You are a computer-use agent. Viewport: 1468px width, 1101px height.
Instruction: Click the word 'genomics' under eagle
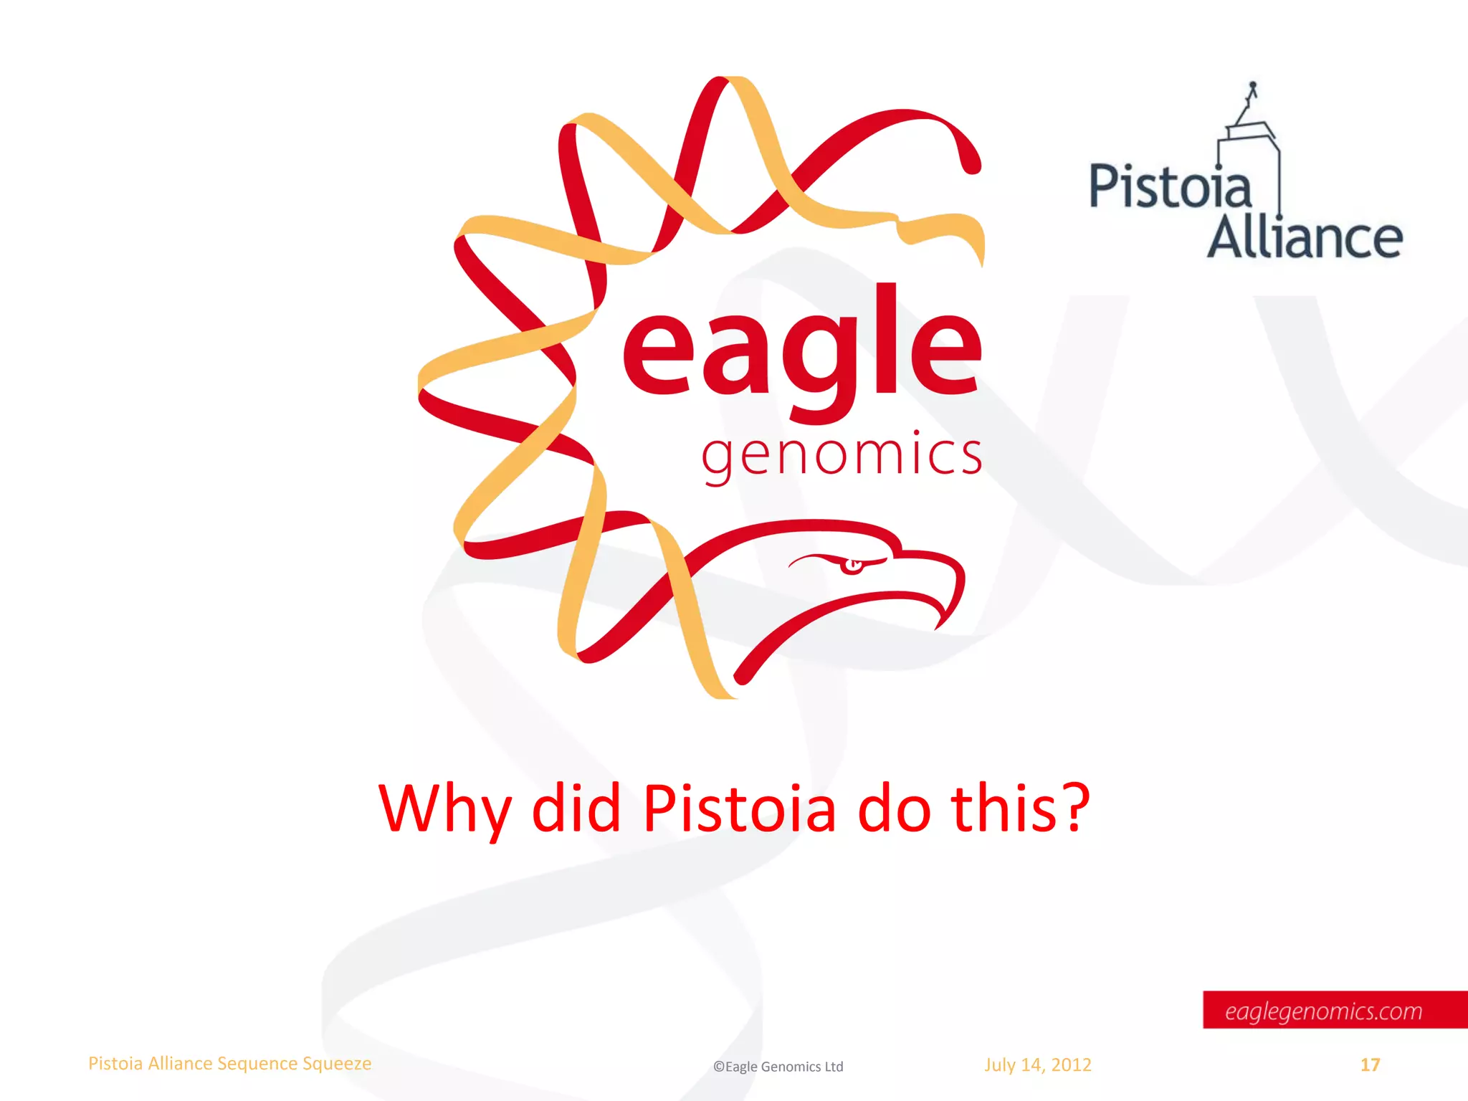pos(842,456)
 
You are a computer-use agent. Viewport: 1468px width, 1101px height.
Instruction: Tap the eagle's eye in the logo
pos(852,566)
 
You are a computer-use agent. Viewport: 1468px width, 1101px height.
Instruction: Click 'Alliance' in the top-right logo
pos(1305,238)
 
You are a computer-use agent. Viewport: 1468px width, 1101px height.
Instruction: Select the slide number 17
pos(1370,1065)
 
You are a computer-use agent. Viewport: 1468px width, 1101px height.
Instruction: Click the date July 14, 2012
pos(1037,1065)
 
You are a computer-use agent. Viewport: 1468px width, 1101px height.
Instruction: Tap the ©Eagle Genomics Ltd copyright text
pos(778,1067)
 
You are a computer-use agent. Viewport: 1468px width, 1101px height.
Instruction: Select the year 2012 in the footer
pos(1071,1065)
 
